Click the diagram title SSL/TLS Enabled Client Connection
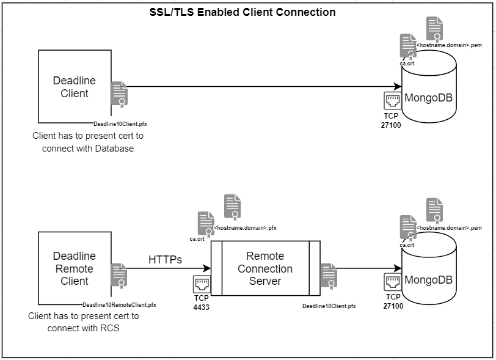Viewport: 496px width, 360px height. click(x=243, y=12)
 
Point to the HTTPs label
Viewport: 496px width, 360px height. click(x=165, y=260)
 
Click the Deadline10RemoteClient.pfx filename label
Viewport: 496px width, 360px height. click(x=119, y=304)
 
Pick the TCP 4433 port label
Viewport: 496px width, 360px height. click(x=201, y=303)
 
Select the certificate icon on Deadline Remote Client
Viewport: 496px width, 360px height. click(x=119, y=275)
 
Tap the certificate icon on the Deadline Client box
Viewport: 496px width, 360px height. click(x=119, y=94)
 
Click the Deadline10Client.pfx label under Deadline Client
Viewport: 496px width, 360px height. click(x=120, y=123)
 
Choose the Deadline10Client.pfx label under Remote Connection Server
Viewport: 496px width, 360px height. click(x=329, y=305)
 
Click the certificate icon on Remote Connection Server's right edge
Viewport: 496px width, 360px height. click(x=329, y=275)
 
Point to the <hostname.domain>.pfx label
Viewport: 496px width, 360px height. click(x=245, y=228)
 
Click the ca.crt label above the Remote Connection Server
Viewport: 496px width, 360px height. click(x=197, y=238)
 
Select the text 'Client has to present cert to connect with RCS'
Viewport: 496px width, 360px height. click(x=84, y=322)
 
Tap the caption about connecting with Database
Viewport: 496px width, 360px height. click(x=88, y=142)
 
